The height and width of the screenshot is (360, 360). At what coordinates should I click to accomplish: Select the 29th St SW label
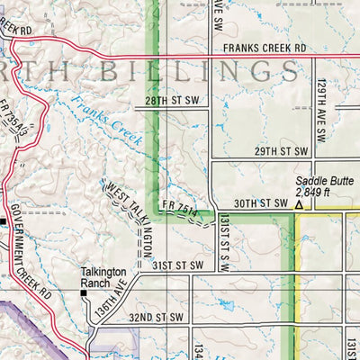coord(284,151)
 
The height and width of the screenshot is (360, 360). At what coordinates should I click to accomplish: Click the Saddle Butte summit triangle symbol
coord(299,205)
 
